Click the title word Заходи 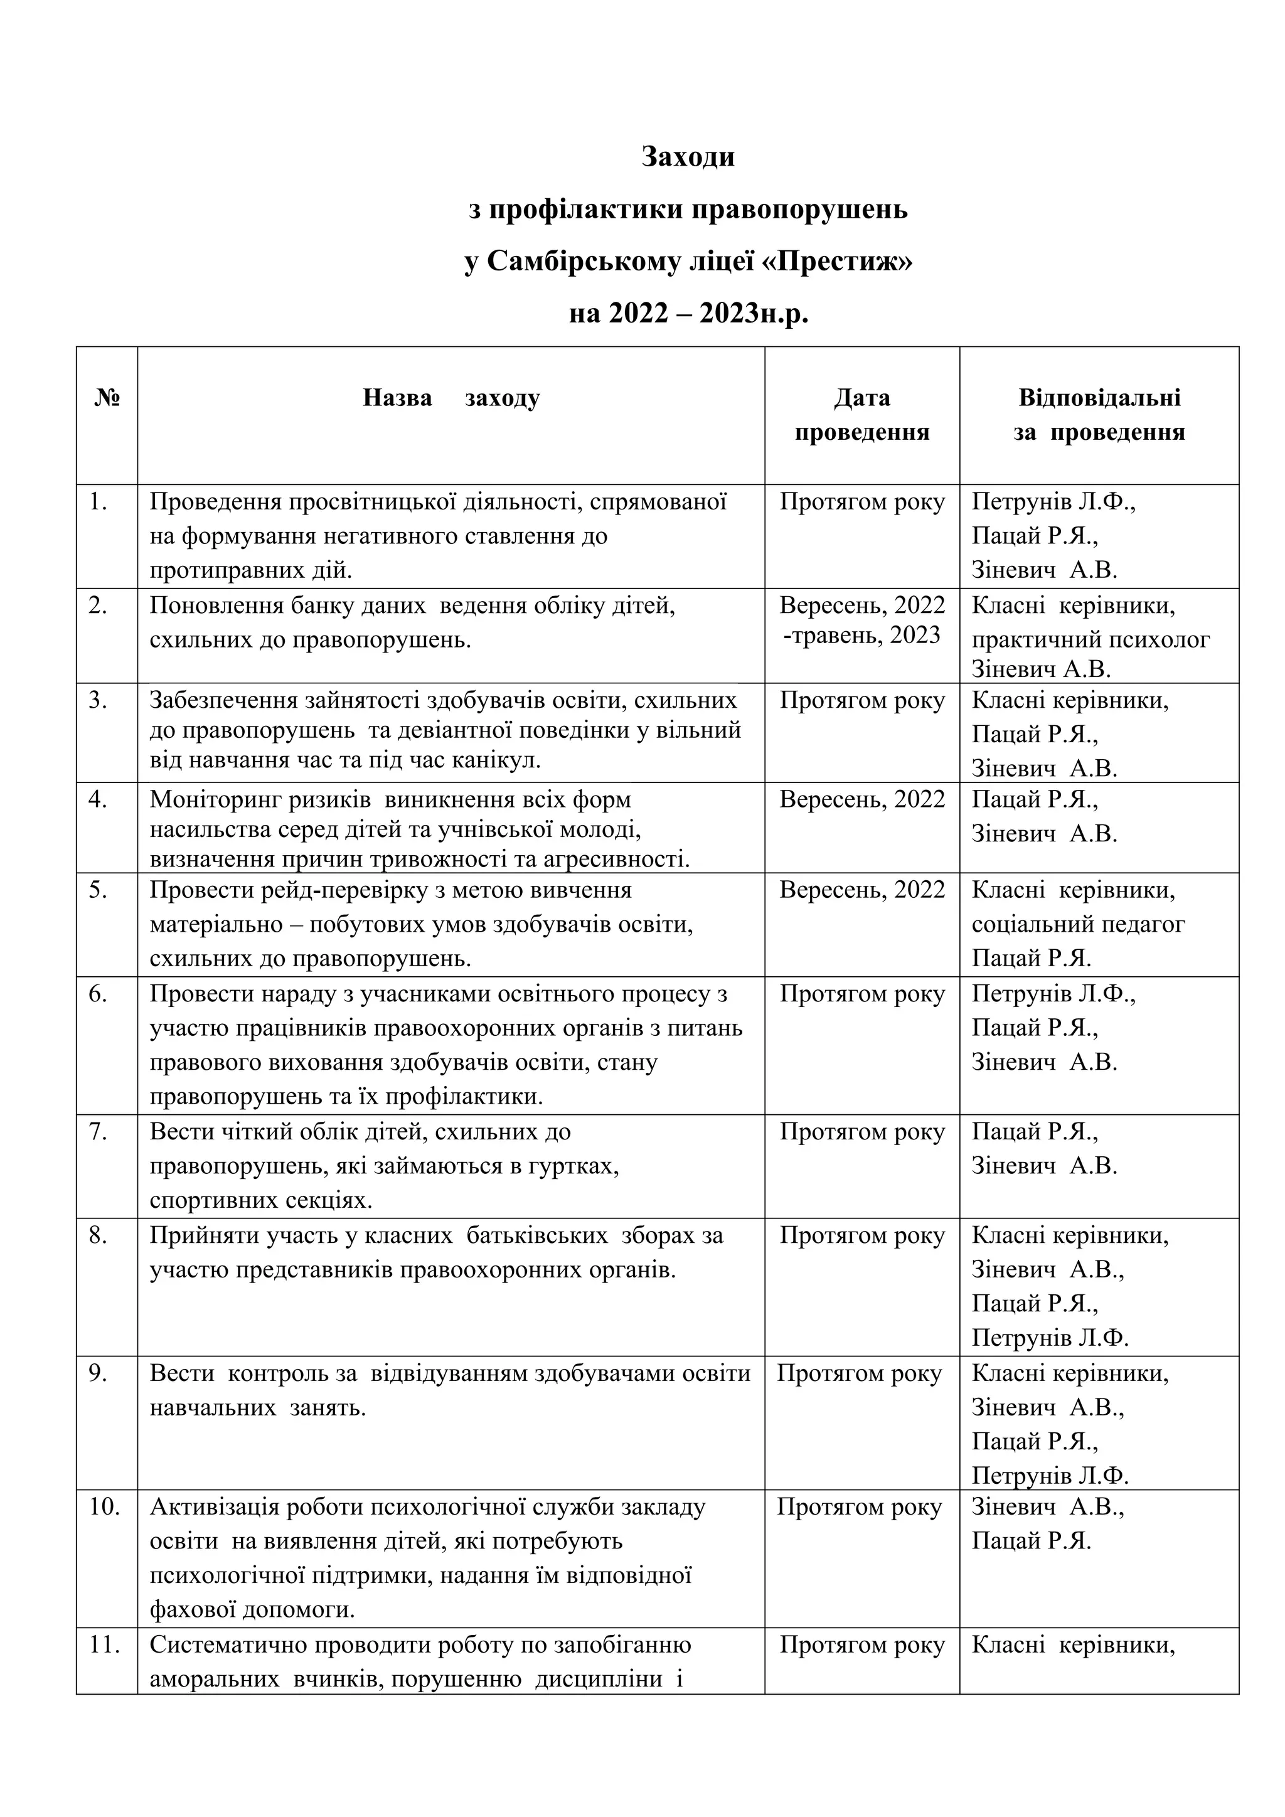click(688, 157)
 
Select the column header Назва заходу click(451, 397)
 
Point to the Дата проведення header click(861, 415)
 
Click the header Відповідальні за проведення click(1099, 415)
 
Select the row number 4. click(97, 799)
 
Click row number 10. click(104, 1507)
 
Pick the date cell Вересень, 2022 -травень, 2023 click(861, 621)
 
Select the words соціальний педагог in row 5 click(1078, 924)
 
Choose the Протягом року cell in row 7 click(861, 1132)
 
